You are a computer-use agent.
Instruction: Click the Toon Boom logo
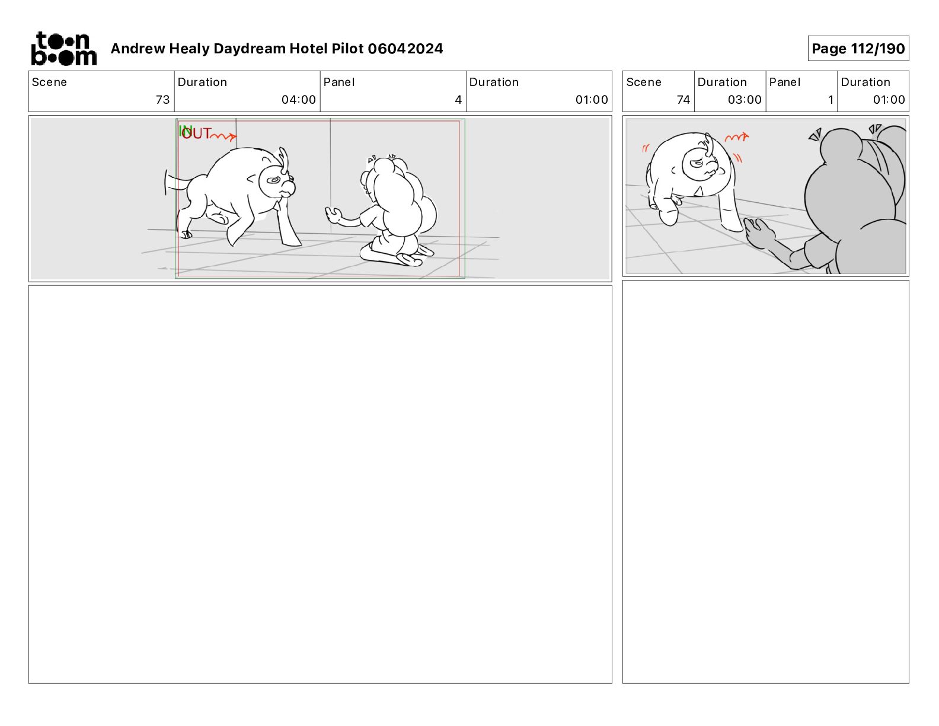coord(64,49)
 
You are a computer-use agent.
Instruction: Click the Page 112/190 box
coord(858,49)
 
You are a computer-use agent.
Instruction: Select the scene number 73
coord(163,100)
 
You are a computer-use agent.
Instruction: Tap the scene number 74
coord(683,100)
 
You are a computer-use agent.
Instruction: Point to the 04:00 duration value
coord(299,100)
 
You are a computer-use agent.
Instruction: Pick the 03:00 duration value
coord(745,100)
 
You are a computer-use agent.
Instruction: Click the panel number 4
coord(458,100)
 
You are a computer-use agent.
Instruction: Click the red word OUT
coord(196,133)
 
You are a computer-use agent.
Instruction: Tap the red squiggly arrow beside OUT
coord(224,136)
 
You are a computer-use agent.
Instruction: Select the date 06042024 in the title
coord(405,49)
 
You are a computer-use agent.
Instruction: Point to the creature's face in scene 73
coord(277,181)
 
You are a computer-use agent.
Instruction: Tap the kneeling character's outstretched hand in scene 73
coord(333,215)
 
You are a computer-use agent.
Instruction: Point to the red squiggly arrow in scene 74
coord(737,138)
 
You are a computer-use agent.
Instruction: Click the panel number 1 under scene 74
coord(831,100)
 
